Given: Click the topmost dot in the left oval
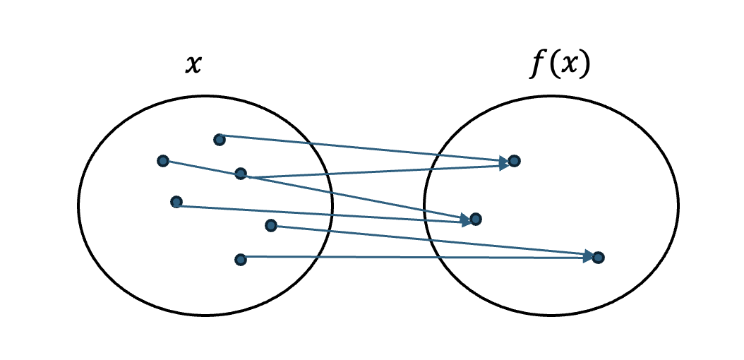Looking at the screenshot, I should point(220,140).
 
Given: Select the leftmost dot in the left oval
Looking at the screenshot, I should point(163,161).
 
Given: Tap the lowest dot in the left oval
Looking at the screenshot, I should point(241,260).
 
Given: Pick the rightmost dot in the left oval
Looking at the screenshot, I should point(271,226).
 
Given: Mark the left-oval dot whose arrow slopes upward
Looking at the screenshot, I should point(241,174).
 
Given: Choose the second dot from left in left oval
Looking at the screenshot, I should point(176,203).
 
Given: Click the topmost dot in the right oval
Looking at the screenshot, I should point(514,161).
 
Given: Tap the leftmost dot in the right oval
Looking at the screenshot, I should point(476,220).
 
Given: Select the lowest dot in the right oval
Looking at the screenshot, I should point(598,258).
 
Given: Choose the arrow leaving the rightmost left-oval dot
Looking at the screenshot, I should point(431,241).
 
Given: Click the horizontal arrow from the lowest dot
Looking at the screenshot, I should point(416,258).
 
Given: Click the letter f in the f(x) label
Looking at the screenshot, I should point(539,65).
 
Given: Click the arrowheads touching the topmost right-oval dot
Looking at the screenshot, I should point(503,162).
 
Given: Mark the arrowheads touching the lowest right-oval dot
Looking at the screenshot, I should point(587,257).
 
